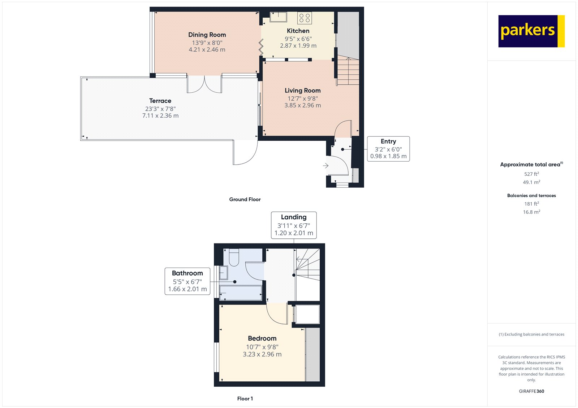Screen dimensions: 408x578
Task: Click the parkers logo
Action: pyautogui.click(x=531, y=31)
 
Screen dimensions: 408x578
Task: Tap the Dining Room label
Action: pyautogui.click(x=207, y=35)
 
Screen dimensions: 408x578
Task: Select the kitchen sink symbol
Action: pyautogui.click(x=278, y=17)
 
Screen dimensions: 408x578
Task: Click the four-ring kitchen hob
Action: pyautogui.click(x=305, y=18)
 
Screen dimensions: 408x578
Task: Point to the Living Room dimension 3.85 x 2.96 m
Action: pyautogui.click(x=302, y=105)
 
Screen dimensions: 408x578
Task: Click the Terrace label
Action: pyautogui.click(x=160, y=101)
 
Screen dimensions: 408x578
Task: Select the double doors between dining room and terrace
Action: pyautogui.click(x=204, y=84)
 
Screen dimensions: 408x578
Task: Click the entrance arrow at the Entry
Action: pyautogui.click(x=325, y=166)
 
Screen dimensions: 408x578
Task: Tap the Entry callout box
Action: pyautogui.click(x=388, y=149)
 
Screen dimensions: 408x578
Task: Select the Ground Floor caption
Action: pyautogui.click(x=245, y=199)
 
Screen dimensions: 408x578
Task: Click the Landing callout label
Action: pyautogui.click(x=294, y=217)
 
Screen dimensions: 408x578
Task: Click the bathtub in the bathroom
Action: pyautogui.click(x=240, y=293)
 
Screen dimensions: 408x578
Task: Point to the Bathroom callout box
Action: pyautogui.click(x=187, y=281)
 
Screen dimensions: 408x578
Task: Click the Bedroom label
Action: pyautogui.click(x=262, y=338)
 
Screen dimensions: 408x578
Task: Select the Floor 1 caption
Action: pyautogui.click(x=245, y=399)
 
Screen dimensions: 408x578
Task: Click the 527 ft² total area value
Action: pyautogui.click(x=531, y=174)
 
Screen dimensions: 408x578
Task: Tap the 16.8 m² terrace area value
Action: pyautogui.click(x=531, y=212)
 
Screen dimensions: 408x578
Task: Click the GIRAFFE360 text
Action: pyautogui.click(x=531, y=391)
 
